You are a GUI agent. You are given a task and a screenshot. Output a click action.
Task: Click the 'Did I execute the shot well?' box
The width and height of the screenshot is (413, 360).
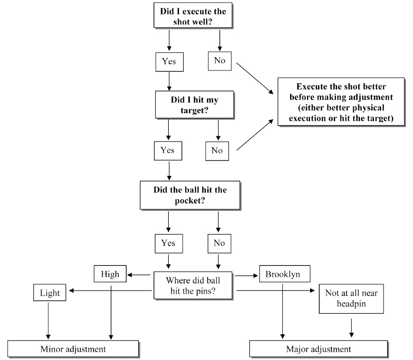point(193,15)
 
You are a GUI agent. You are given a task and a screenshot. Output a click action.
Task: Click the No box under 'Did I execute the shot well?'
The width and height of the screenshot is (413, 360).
point(220,61)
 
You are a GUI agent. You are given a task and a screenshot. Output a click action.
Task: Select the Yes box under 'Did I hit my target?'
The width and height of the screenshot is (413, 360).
point(168,150)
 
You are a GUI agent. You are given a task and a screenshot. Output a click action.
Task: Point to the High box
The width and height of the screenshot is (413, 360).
point(110,274)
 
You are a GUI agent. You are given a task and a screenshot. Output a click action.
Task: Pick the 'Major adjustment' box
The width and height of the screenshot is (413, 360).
point(326,349)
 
